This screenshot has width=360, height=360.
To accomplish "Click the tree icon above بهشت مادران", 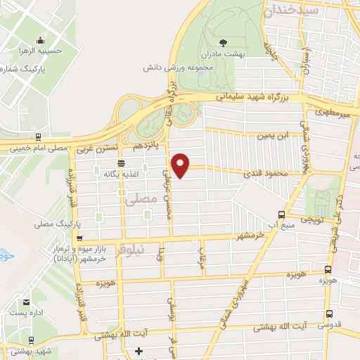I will click(224, 42).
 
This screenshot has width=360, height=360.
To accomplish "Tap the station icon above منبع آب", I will click(281, 214).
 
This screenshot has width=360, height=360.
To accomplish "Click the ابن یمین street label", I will click(273, 136).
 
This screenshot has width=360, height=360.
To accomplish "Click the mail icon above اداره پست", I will click(26, 302).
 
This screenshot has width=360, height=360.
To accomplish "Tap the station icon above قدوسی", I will click(328, 315).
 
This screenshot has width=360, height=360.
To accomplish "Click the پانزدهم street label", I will click(144, 145).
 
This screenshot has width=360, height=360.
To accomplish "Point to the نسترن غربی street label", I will click(91, 148).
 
